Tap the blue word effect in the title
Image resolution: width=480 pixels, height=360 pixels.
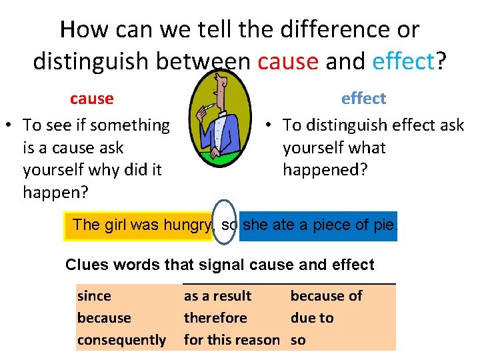[403, 61]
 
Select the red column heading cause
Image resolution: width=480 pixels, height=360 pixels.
[91, 99]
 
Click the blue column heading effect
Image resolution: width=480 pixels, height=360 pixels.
[363, 99]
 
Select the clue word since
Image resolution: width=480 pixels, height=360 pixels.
[94, 296]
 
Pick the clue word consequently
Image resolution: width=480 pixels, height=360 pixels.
[121, 340]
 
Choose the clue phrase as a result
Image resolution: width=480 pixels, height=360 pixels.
[217, 296]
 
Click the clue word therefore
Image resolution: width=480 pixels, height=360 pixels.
[215, 318]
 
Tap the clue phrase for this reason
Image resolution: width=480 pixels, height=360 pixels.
[231, 340]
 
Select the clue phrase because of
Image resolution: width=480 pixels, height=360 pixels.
[326, 296]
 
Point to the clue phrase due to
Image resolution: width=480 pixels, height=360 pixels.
[311, 318]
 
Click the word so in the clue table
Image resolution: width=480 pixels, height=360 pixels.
[298, 340]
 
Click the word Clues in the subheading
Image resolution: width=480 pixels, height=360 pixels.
[87, 265]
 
